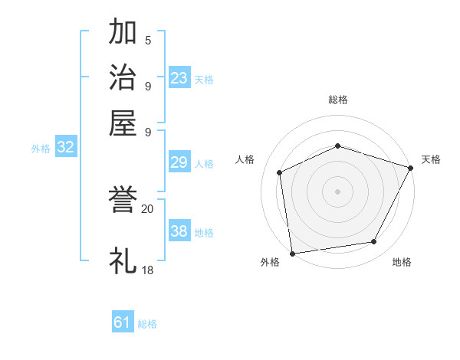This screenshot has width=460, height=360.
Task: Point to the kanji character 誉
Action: coord(123,201)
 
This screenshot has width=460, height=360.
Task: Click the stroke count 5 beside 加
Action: coord(147,40)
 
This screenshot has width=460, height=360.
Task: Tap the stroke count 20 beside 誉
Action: coord(148,208)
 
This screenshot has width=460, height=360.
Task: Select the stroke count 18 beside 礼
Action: coord(148,269)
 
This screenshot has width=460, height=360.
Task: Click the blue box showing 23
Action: coord(179,78)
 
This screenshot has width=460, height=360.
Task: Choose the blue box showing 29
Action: coord(179,162)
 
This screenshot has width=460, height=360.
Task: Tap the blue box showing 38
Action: coord(179,231)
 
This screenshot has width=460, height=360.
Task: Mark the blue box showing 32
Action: coord(65,148)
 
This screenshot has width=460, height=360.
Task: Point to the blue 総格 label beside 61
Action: coord(147,324)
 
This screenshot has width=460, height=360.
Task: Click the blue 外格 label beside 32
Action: coord(41,149)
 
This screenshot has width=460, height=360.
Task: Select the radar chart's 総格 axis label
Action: coord(337,100)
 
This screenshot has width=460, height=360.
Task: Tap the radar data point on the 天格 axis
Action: coord(411,168)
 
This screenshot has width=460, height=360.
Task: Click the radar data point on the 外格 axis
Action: coord(292,254)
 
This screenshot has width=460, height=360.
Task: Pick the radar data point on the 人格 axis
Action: coord(280,172)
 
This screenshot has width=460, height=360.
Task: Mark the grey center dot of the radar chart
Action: coord(337,191)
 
